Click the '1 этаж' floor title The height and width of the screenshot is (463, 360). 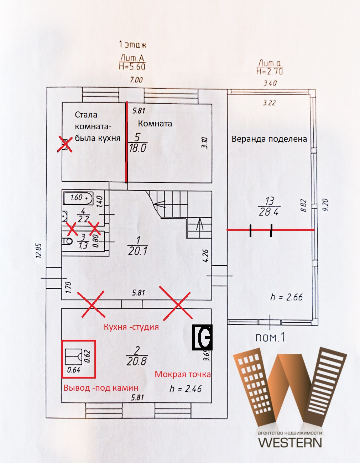(132, 45)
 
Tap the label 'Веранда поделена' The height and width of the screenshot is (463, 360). (269, 139)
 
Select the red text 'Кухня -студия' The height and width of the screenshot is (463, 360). (131, 327)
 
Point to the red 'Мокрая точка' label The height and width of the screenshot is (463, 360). (183, 374)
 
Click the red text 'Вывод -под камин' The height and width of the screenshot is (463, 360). (101, 388)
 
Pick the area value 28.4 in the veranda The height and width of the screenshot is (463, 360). (269, 212)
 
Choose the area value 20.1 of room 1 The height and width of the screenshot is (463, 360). (138, 251)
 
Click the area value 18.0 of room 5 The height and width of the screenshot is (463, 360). (137, 147)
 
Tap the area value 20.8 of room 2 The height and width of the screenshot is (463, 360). (137, 361)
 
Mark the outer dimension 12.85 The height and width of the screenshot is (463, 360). (39, 250)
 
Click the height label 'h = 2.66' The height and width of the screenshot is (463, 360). (286, 297)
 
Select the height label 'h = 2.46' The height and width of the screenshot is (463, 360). (186, 389)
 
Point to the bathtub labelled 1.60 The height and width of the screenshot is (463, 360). (78, 198)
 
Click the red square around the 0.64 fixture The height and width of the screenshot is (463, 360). (79, 359)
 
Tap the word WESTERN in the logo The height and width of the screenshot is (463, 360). (290, 442)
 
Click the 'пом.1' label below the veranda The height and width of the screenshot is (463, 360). (270, 337)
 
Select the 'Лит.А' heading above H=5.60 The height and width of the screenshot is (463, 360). (132, 58)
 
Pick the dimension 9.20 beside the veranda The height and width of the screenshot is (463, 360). (325, 206)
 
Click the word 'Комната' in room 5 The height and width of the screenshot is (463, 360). (155, 124)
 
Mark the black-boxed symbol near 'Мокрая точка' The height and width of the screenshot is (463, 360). (202, 337)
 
